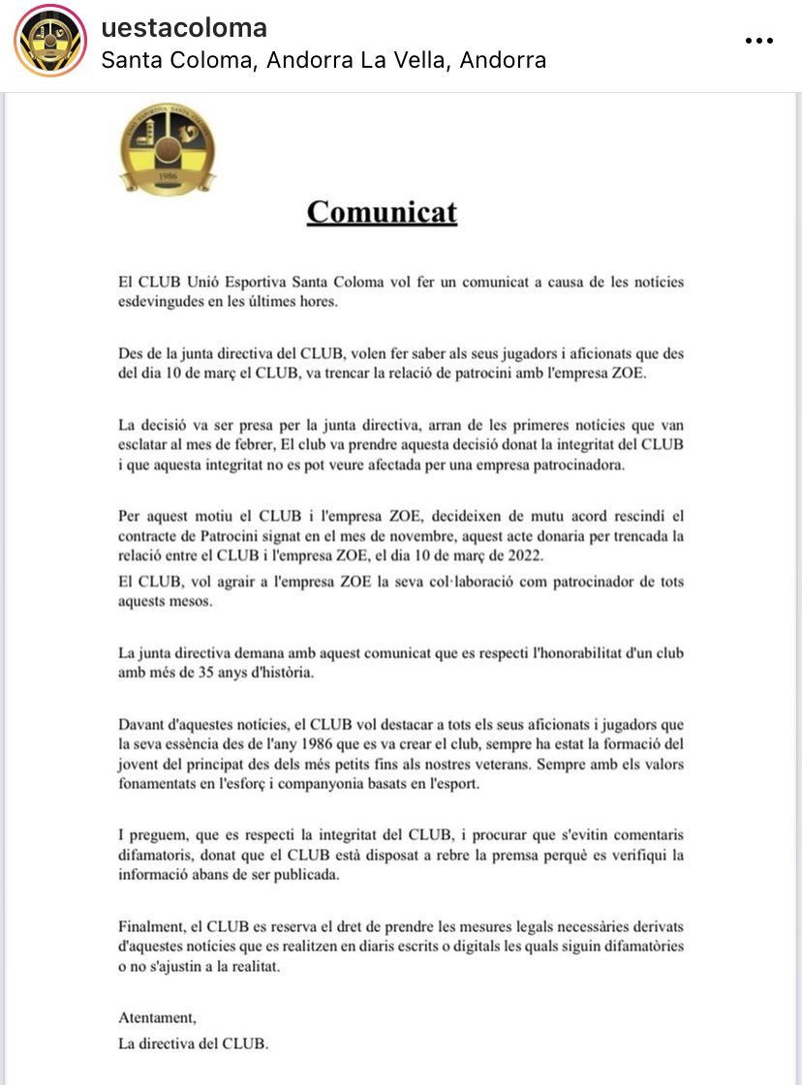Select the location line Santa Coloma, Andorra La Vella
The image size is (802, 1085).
pyautogui.click(x=324, y=60)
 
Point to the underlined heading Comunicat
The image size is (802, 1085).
pyautogui.click(x=382, y=212)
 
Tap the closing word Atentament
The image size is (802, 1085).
pyautogui.click(x=157, y=1017)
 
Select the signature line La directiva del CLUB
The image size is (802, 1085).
pyautogui.click(x=193, y=1043)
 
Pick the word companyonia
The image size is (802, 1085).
pyautogui.click(x=367, y=783)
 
